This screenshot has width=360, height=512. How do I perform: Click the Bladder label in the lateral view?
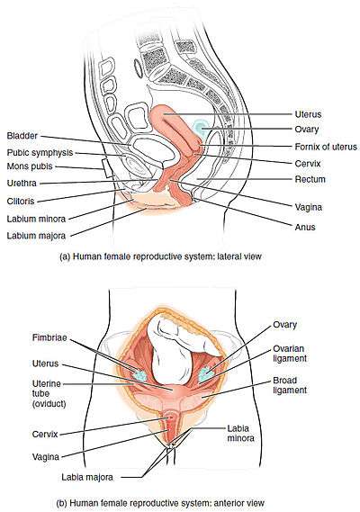[22, 136]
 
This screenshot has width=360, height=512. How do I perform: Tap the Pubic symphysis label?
[40, 153]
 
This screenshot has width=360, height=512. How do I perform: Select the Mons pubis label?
[30, 166]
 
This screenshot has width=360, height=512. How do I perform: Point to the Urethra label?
[22, 183]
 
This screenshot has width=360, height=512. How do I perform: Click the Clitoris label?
[21, 201]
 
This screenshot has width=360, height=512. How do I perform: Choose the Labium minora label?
[36, 219]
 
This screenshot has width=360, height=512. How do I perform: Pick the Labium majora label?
[36, 236]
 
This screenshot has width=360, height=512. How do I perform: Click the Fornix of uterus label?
[326, 147]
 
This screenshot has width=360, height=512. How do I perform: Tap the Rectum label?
[310, 179]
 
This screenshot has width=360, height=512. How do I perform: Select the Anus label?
[305, 227]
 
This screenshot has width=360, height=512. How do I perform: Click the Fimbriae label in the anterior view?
[49, 337]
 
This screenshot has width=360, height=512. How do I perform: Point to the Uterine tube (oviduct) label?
[49, 393]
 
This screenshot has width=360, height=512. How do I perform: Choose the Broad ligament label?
[290, 385]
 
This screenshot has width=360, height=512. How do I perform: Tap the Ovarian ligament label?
[290, 354]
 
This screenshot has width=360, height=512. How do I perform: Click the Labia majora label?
[87, 477]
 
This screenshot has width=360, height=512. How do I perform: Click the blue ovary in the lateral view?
[199, 126]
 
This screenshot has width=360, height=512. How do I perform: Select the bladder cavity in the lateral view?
[151, 150]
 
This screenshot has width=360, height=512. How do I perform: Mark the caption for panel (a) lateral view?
[160, 256]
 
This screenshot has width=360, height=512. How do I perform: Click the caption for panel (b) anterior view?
[160, 502]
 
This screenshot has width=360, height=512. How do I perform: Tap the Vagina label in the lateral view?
[309, 207]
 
